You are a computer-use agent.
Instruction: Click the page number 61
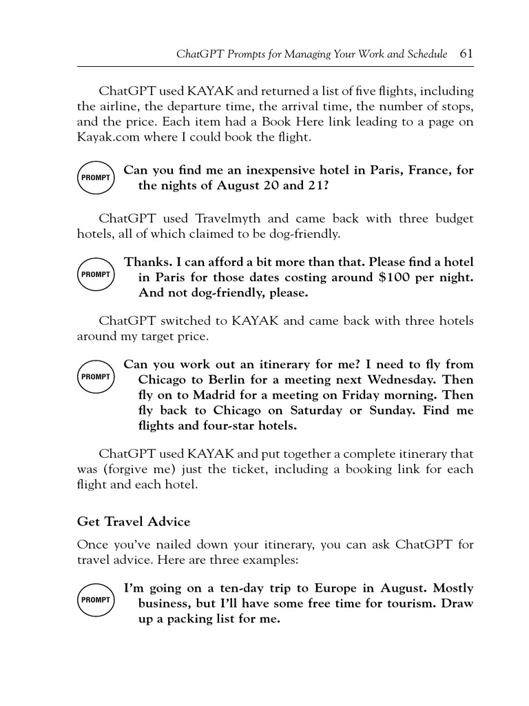[466, 53]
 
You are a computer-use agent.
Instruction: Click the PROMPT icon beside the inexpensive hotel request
[95, 178]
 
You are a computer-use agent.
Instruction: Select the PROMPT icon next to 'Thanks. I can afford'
[95, 275]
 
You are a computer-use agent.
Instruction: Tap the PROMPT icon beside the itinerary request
[95, 377]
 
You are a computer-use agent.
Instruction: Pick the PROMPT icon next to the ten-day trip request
[95, 601]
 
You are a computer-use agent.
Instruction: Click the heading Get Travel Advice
[133, 522]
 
